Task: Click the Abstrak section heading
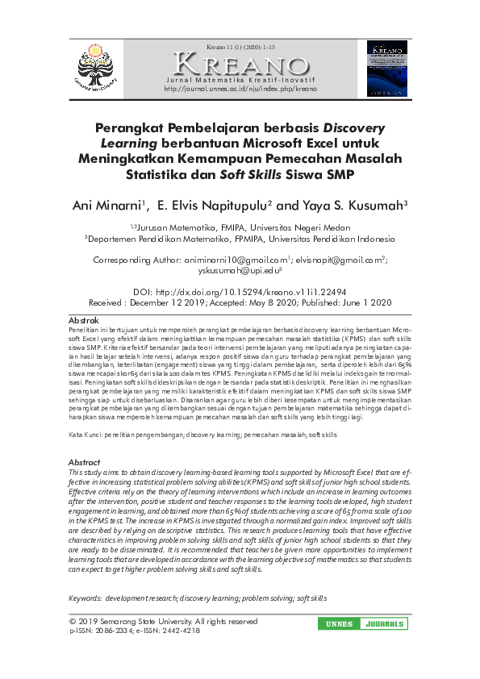[x=85, y=320]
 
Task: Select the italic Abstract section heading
[x=85, y=462]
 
